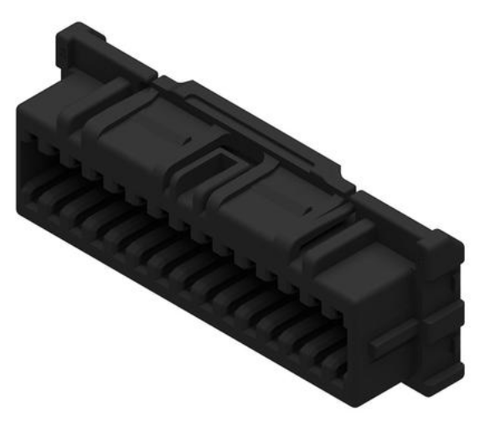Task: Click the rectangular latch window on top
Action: pos(225,159)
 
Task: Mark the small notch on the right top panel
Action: pos(311,205)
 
